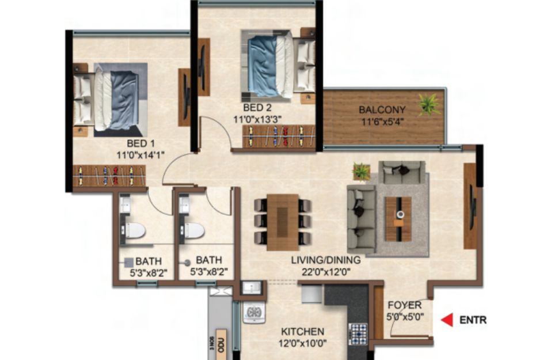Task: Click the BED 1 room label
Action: (140, 143)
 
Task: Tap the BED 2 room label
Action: (257, 107)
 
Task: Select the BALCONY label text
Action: (382, 109)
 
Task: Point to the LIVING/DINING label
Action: (326, 260)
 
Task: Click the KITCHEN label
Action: (302, 332)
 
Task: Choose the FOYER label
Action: (404, 305)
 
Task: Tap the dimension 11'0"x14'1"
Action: (140, 155)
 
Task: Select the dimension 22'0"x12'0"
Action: (326, 272)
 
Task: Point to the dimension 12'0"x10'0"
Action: (302, 343)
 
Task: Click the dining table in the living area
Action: (283, 222)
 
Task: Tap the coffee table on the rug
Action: (398, 219)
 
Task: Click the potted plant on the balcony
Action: (430, 104)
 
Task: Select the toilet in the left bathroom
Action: (134, 230)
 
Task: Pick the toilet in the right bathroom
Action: (193, 230)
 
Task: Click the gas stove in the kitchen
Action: (358, 334)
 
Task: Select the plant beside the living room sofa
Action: (361, 172)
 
